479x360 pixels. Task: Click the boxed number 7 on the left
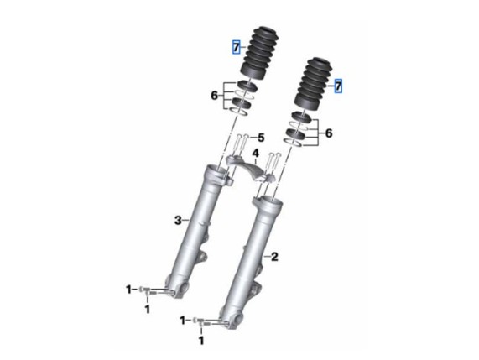pyautogui.click(x=237, y=47)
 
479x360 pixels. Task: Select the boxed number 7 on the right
pyautogui.click(x=338, y=86)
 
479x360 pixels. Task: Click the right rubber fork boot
pyautogui.click(x=313, y=85)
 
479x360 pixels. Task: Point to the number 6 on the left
pyautogui.click(x=215, y=96)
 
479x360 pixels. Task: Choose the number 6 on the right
pyautogui.click(x=328, y=133)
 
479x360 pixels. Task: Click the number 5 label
pyautogui.click(x=261, y=138)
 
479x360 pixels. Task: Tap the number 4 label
pyautogui.click(x=255, y=154)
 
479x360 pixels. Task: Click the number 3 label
pyautogui.click(x=178, y=220)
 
